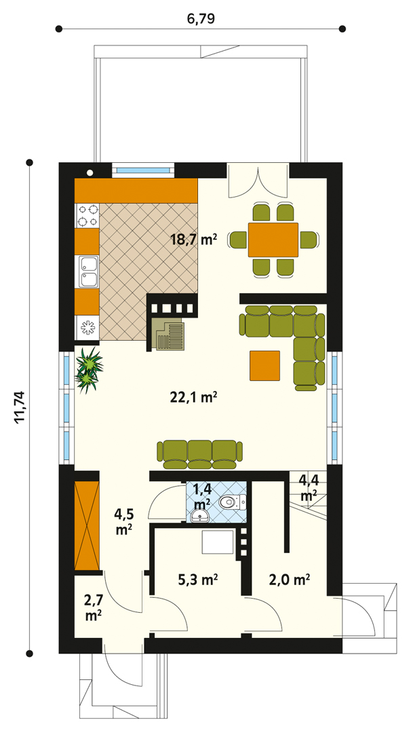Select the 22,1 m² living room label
point(195,397)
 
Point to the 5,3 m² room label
point(198,580)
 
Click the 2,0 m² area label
point(290,580)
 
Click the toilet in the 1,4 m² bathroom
point(232,502)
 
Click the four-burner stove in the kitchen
point(87,216)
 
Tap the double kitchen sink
point(87,271)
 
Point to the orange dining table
point(273,240)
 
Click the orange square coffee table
point(265,366)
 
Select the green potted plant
point(89,369)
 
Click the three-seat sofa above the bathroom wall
point(199,454)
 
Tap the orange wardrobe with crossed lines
point(87,525)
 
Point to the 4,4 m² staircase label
point(308,487)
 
